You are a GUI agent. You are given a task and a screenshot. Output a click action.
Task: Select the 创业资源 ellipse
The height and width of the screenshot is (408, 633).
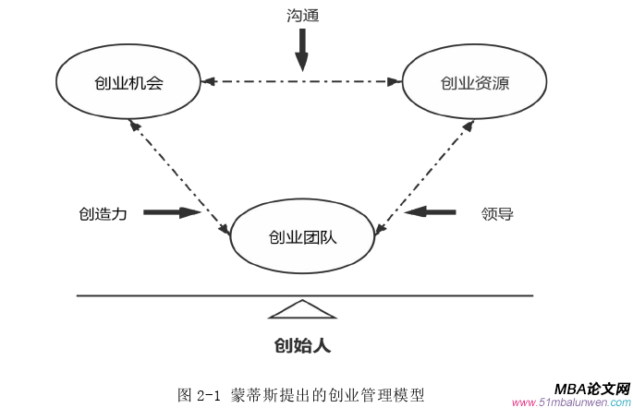(475, 82)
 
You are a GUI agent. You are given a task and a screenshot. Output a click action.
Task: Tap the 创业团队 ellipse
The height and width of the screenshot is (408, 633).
(302, 236)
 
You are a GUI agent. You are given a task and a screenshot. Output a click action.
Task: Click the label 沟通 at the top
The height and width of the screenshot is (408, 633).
(302, 17)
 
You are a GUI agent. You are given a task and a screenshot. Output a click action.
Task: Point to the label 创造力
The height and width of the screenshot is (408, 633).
(103, 213)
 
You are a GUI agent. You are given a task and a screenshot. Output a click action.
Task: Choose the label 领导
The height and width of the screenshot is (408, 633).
(497, 213)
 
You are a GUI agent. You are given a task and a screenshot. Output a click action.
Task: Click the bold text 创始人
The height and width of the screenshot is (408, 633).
(302, 346)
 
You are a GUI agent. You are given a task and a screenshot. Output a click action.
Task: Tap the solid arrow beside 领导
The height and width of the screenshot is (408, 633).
(431, 212)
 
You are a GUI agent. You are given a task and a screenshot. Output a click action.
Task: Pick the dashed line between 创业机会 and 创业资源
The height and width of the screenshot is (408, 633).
(302, 82)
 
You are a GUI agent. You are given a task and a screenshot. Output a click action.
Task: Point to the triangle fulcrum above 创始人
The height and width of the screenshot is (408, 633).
(302, 309)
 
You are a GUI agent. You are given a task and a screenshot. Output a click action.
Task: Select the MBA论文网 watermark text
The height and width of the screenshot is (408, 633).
(591, 389)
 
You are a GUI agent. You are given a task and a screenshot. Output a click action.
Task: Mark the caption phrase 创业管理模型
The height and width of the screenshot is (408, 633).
(381, 395)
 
